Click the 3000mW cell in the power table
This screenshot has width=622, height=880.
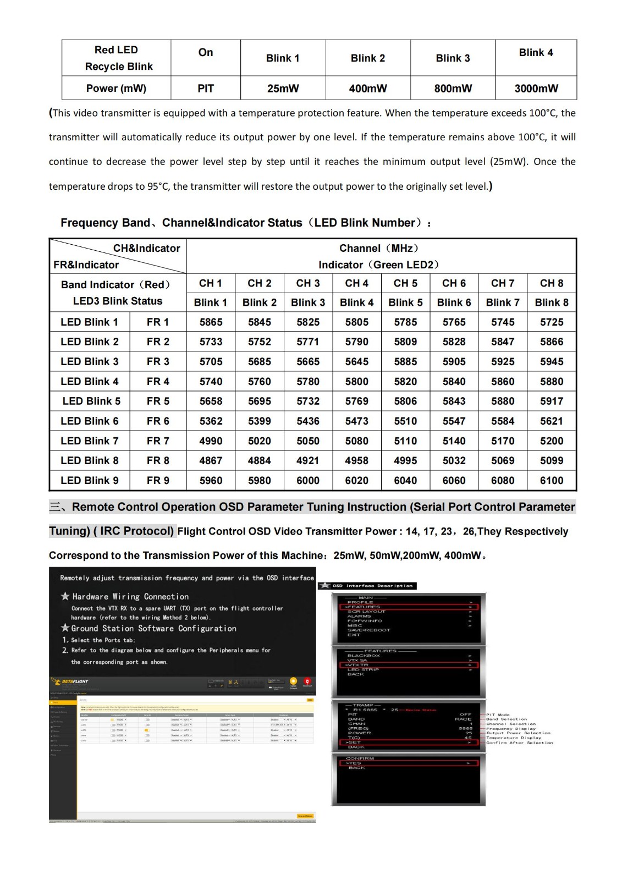[536, 89]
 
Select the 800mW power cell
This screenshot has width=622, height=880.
[453, 89]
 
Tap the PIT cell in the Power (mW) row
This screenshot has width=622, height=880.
[206, 89]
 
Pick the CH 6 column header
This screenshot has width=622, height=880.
[454, 283]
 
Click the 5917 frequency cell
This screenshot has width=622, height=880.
[551, 402]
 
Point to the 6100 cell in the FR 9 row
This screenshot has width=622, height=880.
[551, 481]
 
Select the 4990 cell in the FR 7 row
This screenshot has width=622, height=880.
[211, 441]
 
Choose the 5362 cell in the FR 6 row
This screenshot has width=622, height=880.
[211, 421]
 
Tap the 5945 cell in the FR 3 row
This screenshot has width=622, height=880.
[551, 362]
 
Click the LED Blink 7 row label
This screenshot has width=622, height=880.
[90, 441]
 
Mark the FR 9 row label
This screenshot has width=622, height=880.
[158, 481]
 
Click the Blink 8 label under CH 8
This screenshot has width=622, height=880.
[551, 302]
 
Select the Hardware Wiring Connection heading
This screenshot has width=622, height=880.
[130, 597]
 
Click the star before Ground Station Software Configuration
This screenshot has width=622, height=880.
[65, 628]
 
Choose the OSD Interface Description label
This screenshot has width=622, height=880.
[372, 586]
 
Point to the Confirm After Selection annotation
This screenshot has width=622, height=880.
[519, 743]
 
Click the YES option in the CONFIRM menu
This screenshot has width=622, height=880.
[354, 763]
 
